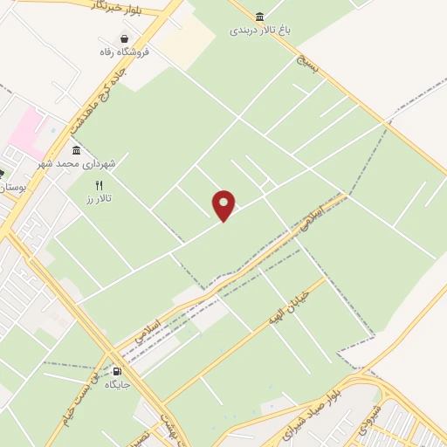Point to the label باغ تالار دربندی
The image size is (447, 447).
(259, 30)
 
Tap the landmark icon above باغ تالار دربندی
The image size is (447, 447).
(259, 17)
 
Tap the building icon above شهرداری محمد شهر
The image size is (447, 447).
(77, 150)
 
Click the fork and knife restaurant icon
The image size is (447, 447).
(99, 185)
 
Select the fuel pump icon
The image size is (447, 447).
(116, 369)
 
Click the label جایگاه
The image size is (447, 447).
(116, 383)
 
